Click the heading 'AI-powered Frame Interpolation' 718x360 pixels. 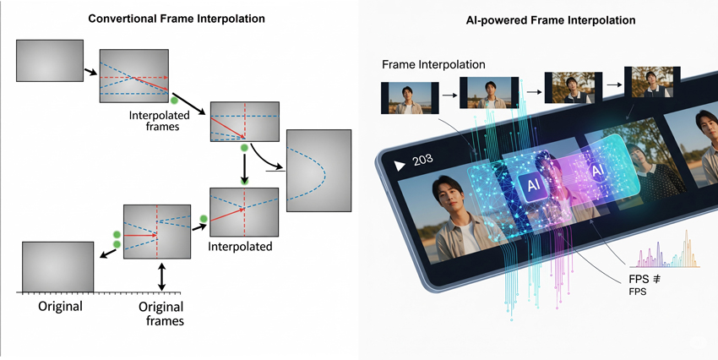tap(538, 19)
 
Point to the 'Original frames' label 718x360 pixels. tap(160, 314)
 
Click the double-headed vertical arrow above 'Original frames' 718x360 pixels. tap(161, 277)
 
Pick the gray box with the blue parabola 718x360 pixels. tap(318, 170)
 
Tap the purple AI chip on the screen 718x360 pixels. tap(596, 172)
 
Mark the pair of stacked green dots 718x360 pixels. tap(117, 238)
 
